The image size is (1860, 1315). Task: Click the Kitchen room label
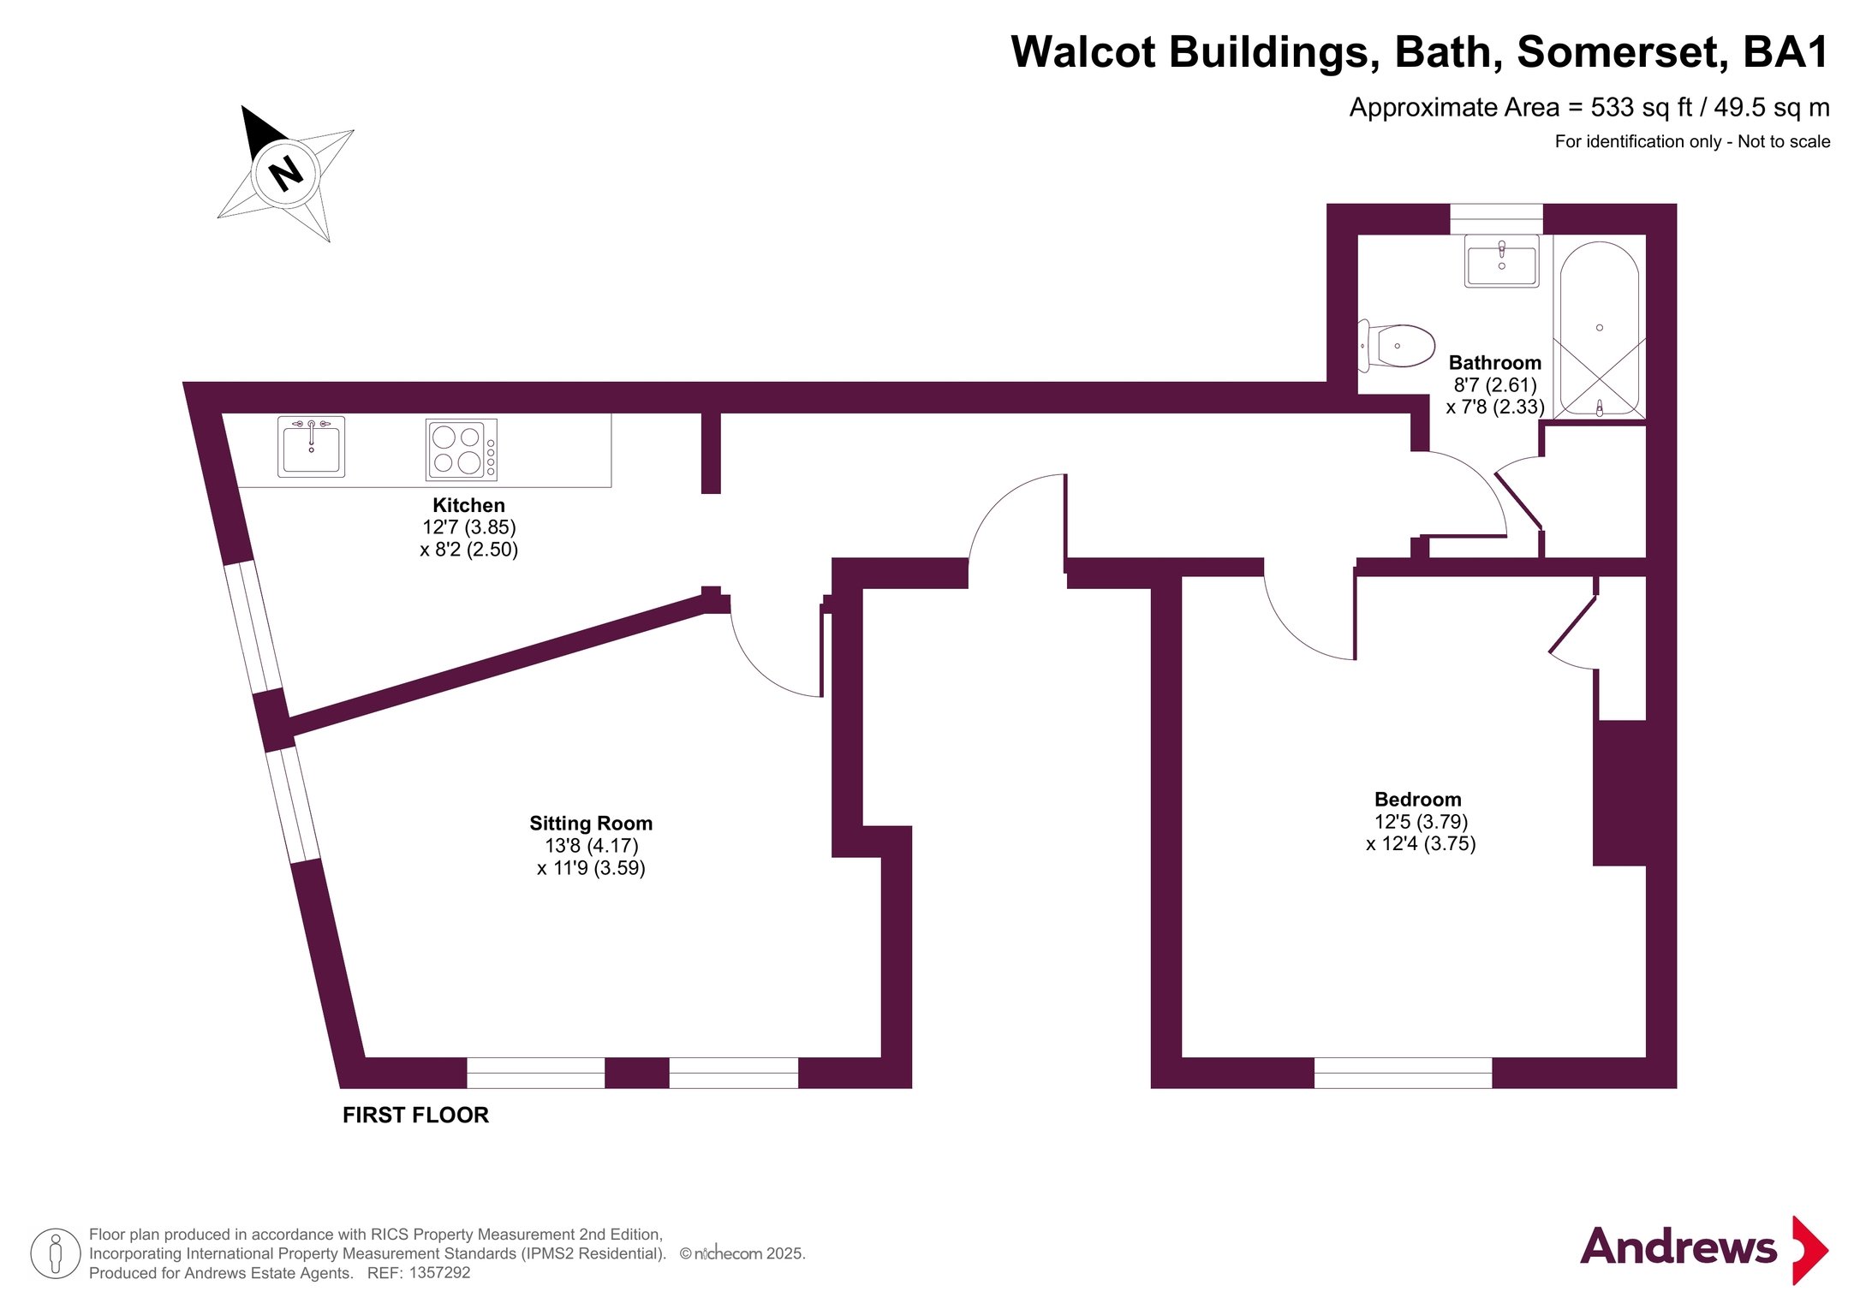pos(468,505)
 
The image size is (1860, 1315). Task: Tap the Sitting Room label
pos(591,824)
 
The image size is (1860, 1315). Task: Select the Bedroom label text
pos(1418,800)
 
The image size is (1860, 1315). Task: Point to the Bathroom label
pos(1495,363)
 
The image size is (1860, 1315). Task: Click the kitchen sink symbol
pos(311,446)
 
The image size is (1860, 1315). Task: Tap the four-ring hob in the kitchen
pos(462,449)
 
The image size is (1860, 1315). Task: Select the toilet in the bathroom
pos(1397,346)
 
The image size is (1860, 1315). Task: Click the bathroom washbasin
pos(1502,260)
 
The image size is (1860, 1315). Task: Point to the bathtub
pos(1600,330)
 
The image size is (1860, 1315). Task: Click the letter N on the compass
pos(286,174)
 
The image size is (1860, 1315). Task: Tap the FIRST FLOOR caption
pos(415,1115)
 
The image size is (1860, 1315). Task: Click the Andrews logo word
pos(1678,1247)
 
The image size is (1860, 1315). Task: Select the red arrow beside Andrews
pos(1809,1250)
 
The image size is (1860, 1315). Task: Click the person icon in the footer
pos(56,1253)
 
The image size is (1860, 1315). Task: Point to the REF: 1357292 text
pos(419,1273)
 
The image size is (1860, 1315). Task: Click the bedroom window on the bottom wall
pos(1403,1073)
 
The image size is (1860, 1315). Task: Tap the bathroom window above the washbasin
pos(1496,219)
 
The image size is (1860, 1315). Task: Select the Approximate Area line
pos(1589,108)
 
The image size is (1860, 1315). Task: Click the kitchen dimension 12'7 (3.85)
pos(469,527)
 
